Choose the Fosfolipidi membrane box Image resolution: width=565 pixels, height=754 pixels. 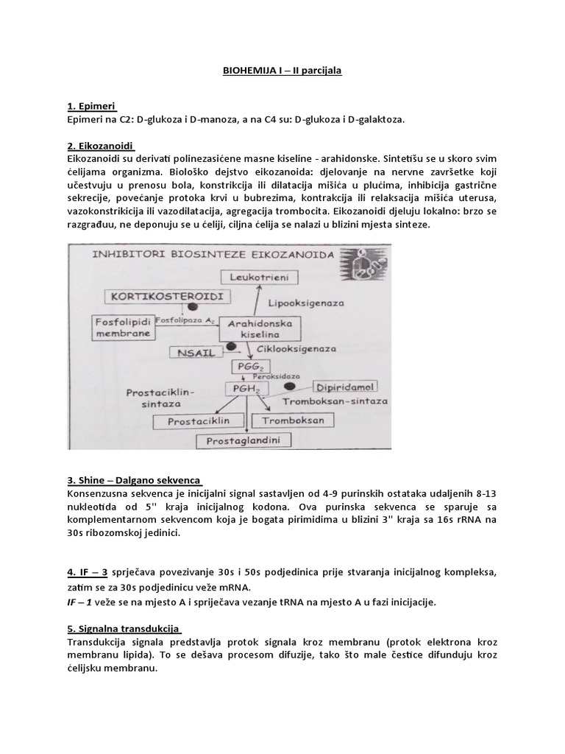124,328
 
